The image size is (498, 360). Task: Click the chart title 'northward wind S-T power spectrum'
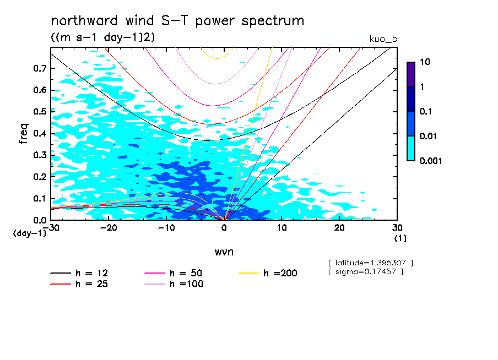click(x=177, y=21)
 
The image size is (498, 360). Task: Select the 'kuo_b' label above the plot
click(x=383, y=39)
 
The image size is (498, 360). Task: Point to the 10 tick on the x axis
click(x=282, y=227)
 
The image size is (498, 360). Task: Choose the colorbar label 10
click(x=425, y=62)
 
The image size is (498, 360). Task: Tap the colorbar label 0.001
click(x=431, y=161)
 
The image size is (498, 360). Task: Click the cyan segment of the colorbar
click(x=410, y=148)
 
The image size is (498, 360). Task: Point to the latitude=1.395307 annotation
click(x=370, y=263)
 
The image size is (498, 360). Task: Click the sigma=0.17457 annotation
click(x=366, y=271)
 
